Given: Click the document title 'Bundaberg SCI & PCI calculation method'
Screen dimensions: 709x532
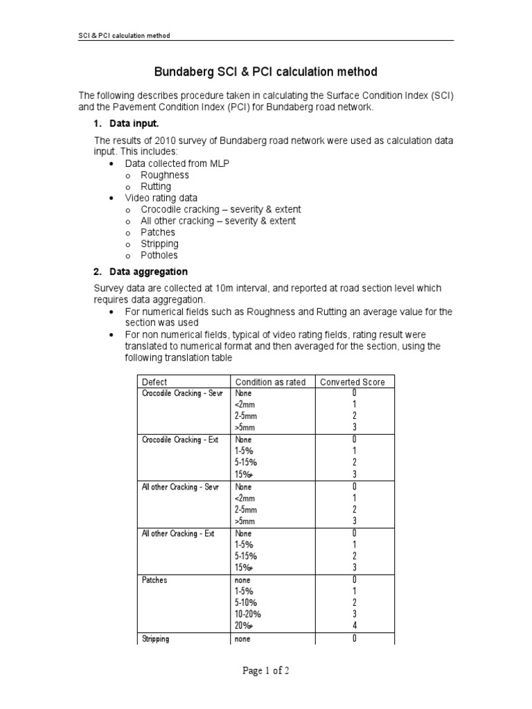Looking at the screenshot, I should tap(265, 72).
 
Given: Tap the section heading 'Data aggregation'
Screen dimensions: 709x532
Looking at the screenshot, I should tap(148, 271).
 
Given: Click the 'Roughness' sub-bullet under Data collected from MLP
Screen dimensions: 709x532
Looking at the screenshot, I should tap(164, 175).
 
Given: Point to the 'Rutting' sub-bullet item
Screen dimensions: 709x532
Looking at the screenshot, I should tap(156, 186).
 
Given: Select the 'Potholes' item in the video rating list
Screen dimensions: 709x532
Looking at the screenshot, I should tap(159, 255).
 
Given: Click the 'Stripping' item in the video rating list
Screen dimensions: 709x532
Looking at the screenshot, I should tap(159, 244).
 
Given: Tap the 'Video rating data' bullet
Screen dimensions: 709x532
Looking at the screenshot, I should tap(161, 198).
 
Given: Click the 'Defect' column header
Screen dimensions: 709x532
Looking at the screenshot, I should tap(154, 382).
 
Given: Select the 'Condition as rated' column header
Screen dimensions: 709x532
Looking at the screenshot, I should tap(270, 382).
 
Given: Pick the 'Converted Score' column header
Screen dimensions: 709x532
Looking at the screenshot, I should tap(352, 382).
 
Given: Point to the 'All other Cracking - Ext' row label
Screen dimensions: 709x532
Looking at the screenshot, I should tap(178, 534).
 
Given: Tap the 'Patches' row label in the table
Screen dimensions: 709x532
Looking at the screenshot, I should tap(154, 580).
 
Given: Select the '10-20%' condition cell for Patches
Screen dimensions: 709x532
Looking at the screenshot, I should tap(248, 614).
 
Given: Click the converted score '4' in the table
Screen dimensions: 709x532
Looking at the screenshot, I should tap(354, 626).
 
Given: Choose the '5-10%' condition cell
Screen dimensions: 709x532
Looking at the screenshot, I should tap(246, 603).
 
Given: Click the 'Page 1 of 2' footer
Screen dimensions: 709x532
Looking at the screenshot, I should tap(265, 671).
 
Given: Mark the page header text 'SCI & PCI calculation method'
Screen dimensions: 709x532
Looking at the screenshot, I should tap(124, 35).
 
